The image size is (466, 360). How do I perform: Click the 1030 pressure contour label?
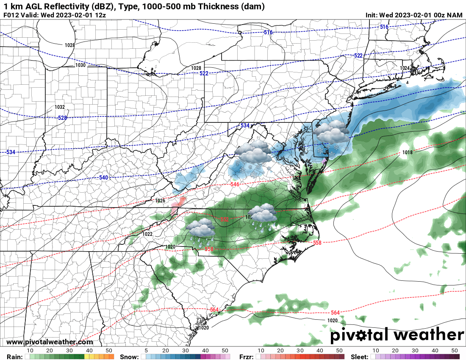pyautogui.click(x=80, y=65)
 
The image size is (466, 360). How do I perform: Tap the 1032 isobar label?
pyautogui.click(x=60, y=107)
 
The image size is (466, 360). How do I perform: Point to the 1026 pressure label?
pyautogui.click(x=160, y=200)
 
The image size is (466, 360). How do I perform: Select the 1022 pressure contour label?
pyautogui.click(x=147, y=234)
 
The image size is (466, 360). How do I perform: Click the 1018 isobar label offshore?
pyautogui.click(x=408, y=152)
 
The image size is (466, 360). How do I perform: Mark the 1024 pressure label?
pyautogui.click(x=405, y=68)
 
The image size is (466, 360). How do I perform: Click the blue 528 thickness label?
pyautogui.click(x=62, y=118)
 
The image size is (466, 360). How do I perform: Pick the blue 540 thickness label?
pyautogui.click(x=103, y=177)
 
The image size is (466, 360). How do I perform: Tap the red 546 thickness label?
pyautogui.click(x=235, y=184)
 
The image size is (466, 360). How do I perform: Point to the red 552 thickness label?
pyautogui.click(x=224, y=220)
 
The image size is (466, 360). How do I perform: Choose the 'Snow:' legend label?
pyautogui.click(x=129, y=357)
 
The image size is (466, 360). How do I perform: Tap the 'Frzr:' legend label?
pyautogui.click(x=247, y=357)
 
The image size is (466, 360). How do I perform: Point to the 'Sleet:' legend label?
pyautogui.click(x=361, y=357)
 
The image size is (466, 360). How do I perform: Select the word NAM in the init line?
pyautogui.click(x=455, y=15)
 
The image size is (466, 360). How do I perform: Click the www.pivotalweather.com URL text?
pyautogui.click(x=50, y=342)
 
